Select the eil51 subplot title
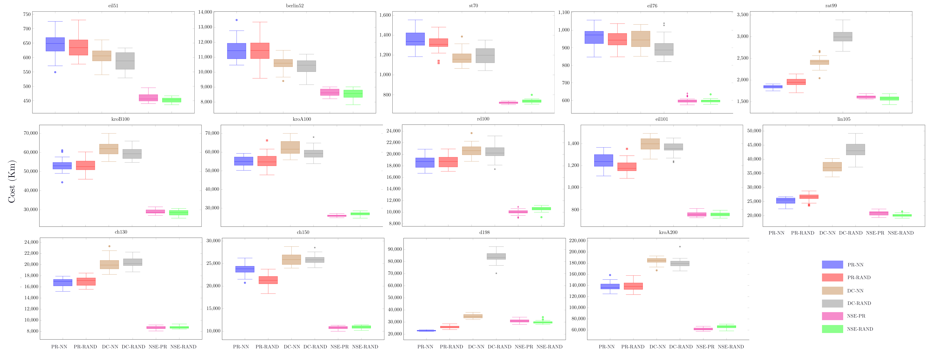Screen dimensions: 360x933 point(113,6)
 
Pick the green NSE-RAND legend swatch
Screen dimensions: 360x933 point(832,329)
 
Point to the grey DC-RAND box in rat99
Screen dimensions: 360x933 point(843,37)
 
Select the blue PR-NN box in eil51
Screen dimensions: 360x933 point(55,44)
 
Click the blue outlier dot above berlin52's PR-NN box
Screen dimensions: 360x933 point(237,20)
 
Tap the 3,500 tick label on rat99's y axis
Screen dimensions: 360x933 point(743,15)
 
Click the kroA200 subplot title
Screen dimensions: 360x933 point(668,232)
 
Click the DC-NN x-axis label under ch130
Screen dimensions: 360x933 point(110,347)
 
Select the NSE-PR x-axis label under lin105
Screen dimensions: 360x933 point(875,233)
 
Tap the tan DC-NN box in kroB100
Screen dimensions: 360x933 point(109,149)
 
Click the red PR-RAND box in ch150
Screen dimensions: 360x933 point(268,280)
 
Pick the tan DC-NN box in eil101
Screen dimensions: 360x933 point(650,144)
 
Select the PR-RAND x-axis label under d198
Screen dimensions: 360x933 point(451,347)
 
